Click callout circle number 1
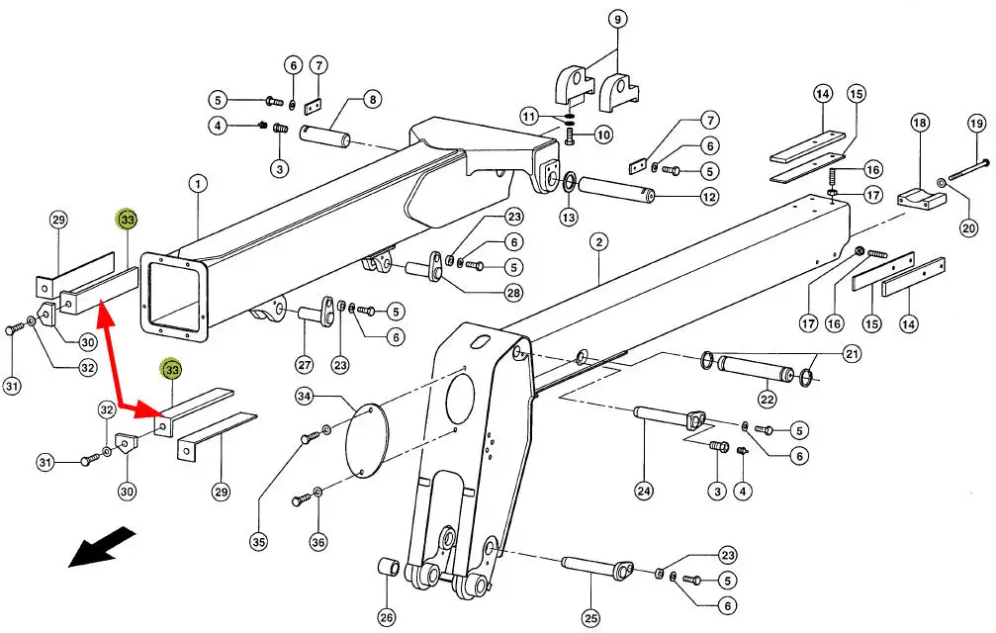pos(198,184)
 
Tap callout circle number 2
pos(598,241)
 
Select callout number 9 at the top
pos(617,19)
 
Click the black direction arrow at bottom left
pos(102,547)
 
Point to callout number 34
pos(305,397)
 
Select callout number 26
pos(386,616)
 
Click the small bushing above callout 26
pos(389,567)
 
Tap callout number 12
pos(709,197)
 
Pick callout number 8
pos(372,99)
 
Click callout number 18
pos(920,122)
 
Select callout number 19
pos(976,123)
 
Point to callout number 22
pos(768,399)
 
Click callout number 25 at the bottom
pos(590,617)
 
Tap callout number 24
pos(644,491)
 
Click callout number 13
pos(569,218)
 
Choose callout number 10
pos(603,135)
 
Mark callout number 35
pos(258,542)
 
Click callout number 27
pos(305,365)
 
